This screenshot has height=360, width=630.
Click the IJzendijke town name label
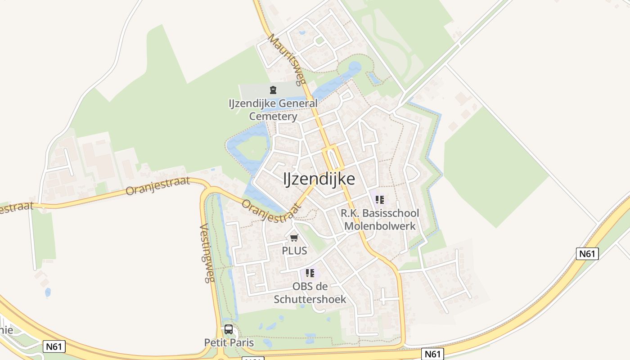click(319, 179)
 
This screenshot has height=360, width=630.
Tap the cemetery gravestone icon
click(273, 90)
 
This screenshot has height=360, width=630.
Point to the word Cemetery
click(273, 117)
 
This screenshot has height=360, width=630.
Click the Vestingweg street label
click(206, 253)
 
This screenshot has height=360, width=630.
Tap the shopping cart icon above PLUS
click(294, 238)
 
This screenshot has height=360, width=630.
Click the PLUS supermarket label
click(294, 251)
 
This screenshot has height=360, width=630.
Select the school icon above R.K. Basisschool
click(380, 199)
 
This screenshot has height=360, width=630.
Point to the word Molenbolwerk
click(380, 225)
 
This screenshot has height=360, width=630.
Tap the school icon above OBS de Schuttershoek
click(310, 273)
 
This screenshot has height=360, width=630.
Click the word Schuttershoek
click(310, 299)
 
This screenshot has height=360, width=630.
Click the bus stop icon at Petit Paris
click(229, 329)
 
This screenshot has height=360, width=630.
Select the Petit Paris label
click(229, 343)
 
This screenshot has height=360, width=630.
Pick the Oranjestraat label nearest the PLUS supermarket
click(271, 211)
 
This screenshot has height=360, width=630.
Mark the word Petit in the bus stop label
click(215, 343)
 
